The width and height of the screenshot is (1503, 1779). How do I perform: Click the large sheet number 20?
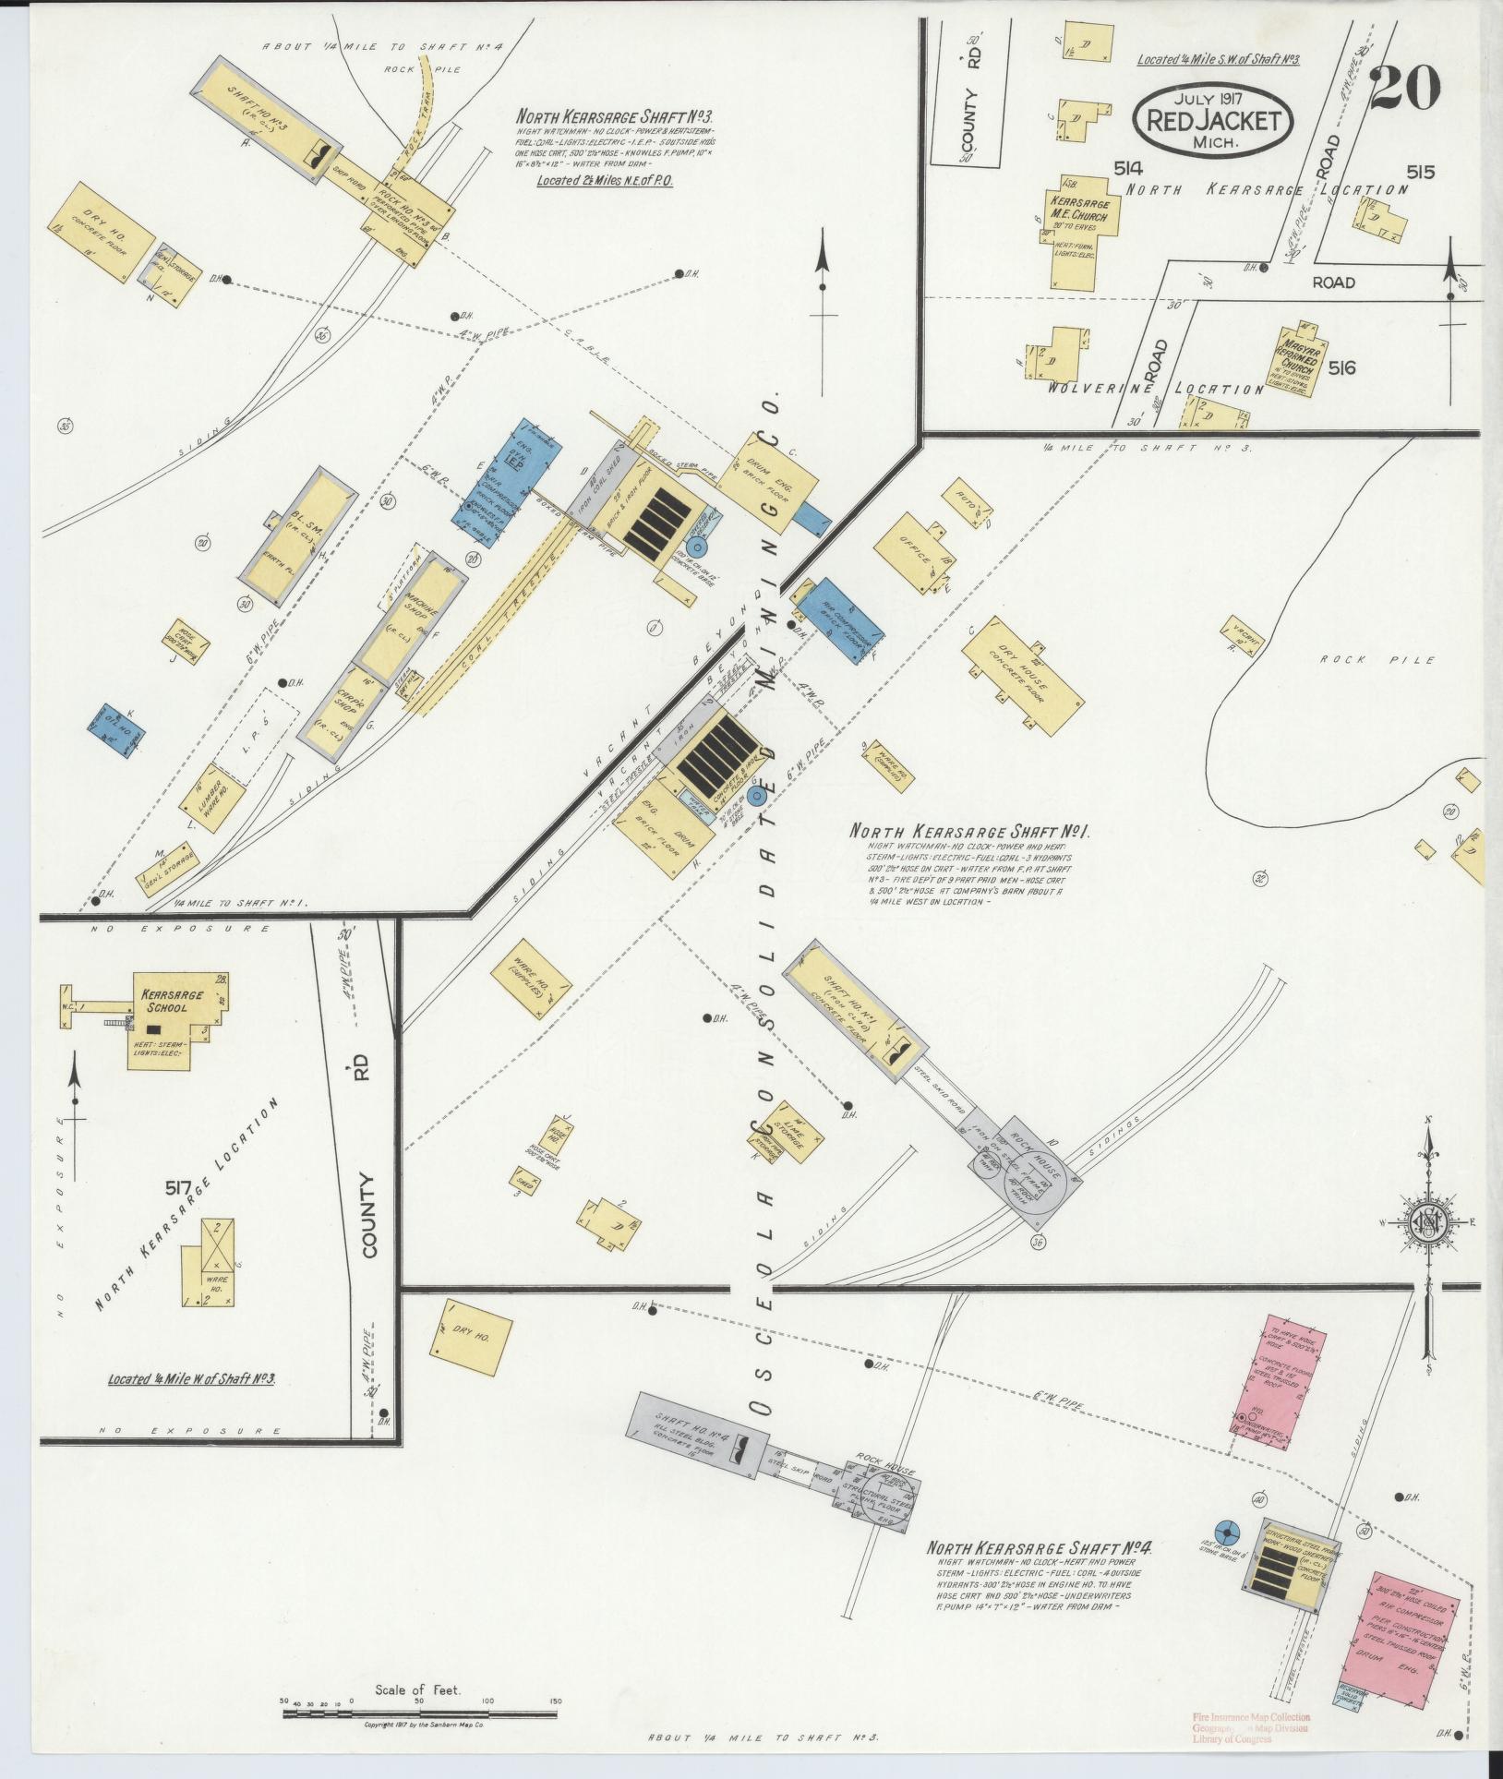1405,90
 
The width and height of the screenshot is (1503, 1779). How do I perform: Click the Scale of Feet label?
417,1690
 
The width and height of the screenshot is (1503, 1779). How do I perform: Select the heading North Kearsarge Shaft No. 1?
969,832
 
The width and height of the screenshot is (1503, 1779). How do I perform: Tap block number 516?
1342,367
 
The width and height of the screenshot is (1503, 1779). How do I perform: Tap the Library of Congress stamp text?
1232,1738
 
